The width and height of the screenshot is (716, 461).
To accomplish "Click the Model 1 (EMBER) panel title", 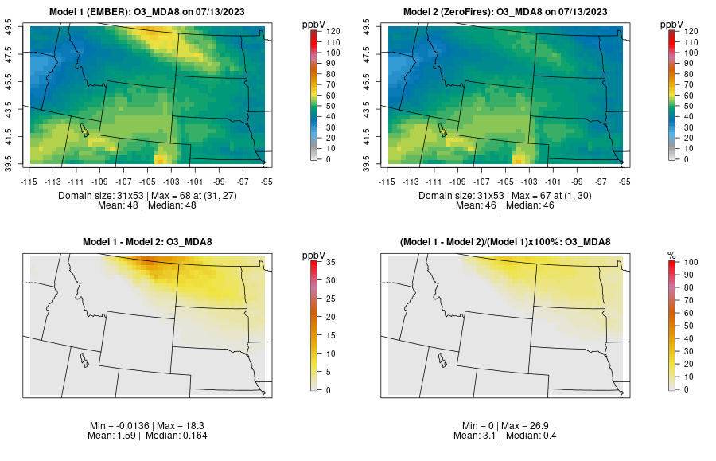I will [151, 12].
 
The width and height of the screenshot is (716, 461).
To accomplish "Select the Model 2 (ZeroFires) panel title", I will [509, 12].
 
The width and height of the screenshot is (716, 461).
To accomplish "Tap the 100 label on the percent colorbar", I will [691, 262].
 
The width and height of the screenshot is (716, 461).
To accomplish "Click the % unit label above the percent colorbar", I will [671, 256].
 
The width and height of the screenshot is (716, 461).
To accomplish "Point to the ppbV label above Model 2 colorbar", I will [672, 25].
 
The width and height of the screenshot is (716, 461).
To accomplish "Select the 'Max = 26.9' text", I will [534, 427].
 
